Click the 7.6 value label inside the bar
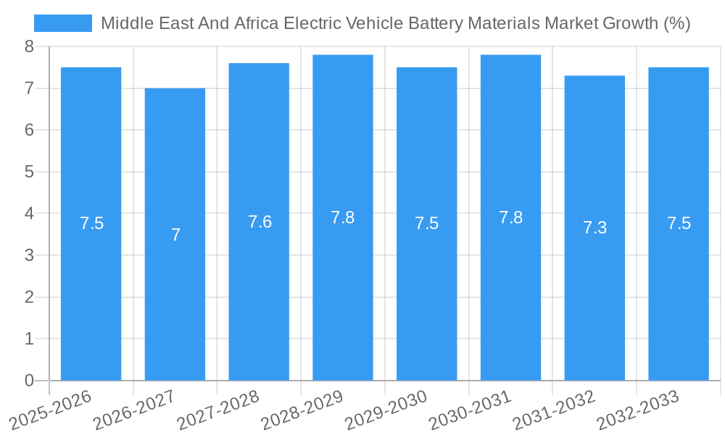(260, 222)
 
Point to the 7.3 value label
(594, 228)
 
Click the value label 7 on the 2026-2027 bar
(175, 235)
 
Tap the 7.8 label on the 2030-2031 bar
(510, 217)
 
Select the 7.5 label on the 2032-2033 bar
(679, 223)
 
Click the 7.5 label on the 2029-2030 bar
(426, 223)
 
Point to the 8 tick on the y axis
(29, 46)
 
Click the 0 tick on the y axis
(29, 381)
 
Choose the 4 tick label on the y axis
(29, 214)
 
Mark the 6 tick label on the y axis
(29, 130)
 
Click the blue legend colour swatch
(63, 23)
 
